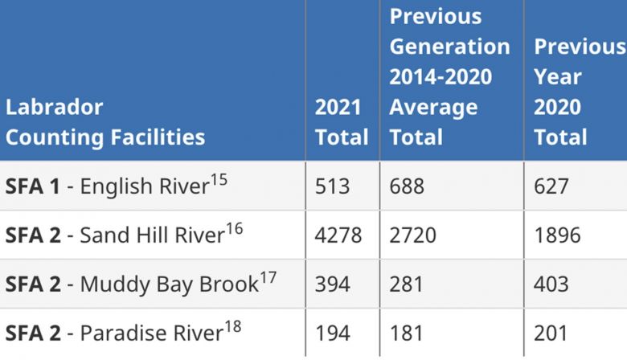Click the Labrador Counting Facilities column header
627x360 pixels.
click(104, 121)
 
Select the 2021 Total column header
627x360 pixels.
click(341, 121)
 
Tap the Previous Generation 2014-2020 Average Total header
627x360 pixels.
click(449, 76)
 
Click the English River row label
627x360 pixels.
click(117, 186)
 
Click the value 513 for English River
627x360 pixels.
click(333, 186)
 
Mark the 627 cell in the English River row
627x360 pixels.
click(551, 186)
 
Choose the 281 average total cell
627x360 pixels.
click(407, 284)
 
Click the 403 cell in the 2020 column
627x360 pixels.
click(551, 284)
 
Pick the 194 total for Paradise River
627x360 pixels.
click(333, 333)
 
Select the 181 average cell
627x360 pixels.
click(406, 333)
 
